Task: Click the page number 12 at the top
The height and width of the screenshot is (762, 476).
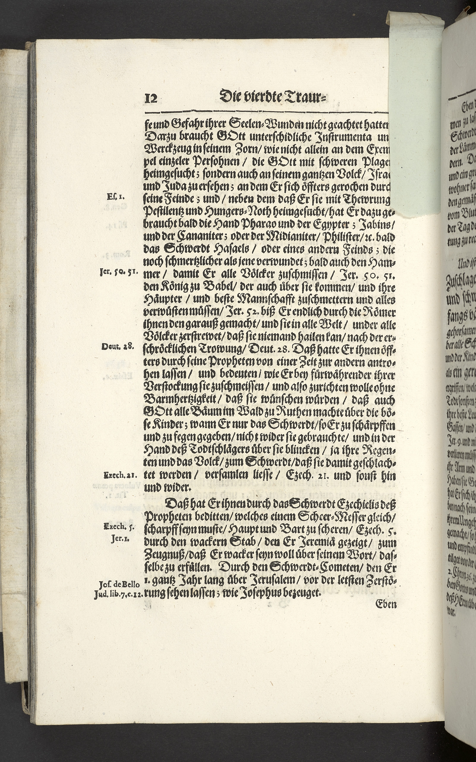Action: (x=151, y=99)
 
